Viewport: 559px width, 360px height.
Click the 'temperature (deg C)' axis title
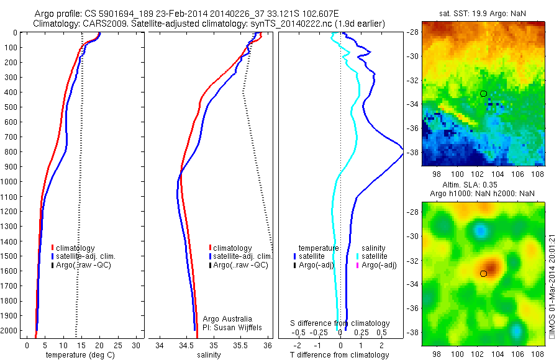pos(78,355)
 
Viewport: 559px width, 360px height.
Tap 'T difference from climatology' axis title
pos(340,355)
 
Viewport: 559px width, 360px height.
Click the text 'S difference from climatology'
pos(340,323)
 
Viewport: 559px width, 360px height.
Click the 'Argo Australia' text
pos(228,318)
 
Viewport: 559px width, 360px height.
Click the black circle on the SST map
pos(483,94)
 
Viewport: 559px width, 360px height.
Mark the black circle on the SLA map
pos(483,273)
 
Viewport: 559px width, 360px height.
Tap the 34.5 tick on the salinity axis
pos(186,345)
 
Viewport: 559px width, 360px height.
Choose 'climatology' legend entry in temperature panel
pos(75,248)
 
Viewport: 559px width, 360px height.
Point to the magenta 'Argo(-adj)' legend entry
pos(379,265)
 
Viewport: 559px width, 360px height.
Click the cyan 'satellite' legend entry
pos(375,256)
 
